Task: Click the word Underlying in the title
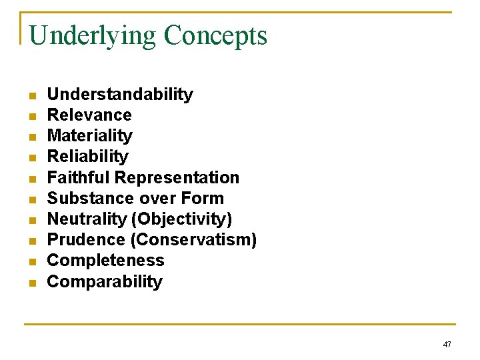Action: coord(92,36)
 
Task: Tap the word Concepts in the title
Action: coord(215,36)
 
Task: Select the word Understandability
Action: coord(120,95)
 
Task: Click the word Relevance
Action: coord(89,115)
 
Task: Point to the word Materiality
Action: coord(90,136)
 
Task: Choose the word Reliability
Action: coord(87,157)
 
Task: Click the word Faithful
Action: coord(79,178)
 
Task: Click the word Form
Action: coord(203,199)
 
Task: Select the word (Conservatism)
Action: coord(193,240)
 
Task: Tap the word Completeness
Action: coord(105,261)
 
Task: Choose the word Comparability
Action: coord(105,282)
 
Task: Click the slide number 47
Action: coord(447,345)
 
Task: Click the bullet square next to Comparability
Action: coord(31,283)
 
